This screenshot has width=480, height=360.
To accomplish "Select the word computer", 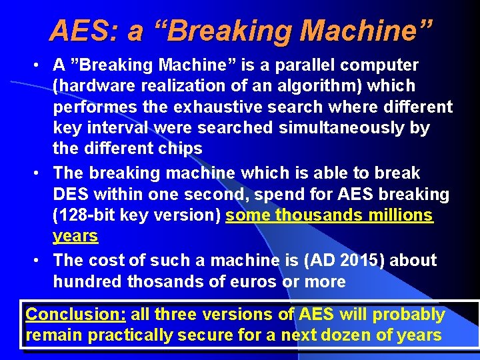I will (383, 65).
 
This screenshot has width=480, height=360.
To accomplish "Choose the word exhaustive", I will (219, 107).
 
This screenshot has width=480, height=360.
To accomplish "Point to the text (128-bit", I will (85, 215).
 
